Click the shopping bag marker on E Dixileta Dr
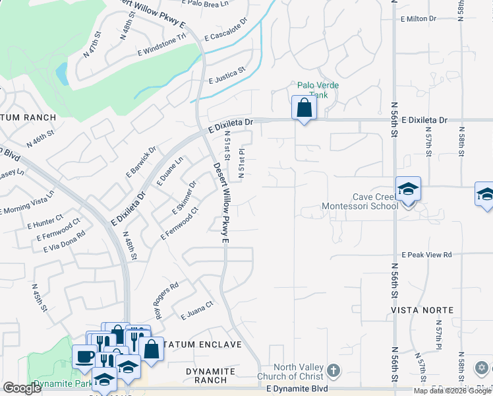click(304, 107)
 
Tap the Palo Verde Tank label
click(312, 90)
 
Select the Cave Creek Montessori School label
click(359, 201)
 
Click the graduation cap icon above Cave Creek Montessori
click(408, 189)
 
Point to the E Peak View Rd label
click(426, 255)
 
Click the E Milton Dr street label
click(416, 18)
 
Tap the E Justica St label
click(226, 75)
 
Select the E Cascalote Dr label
click(225, 30)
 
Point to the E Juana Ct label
click(198, 310)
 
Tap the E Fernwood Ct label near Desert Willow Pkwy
click(179, 224)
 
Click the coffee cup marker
click(84, 356)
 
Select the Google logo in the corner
click(22, 388)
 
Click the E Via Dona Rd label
click(64, 241)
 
